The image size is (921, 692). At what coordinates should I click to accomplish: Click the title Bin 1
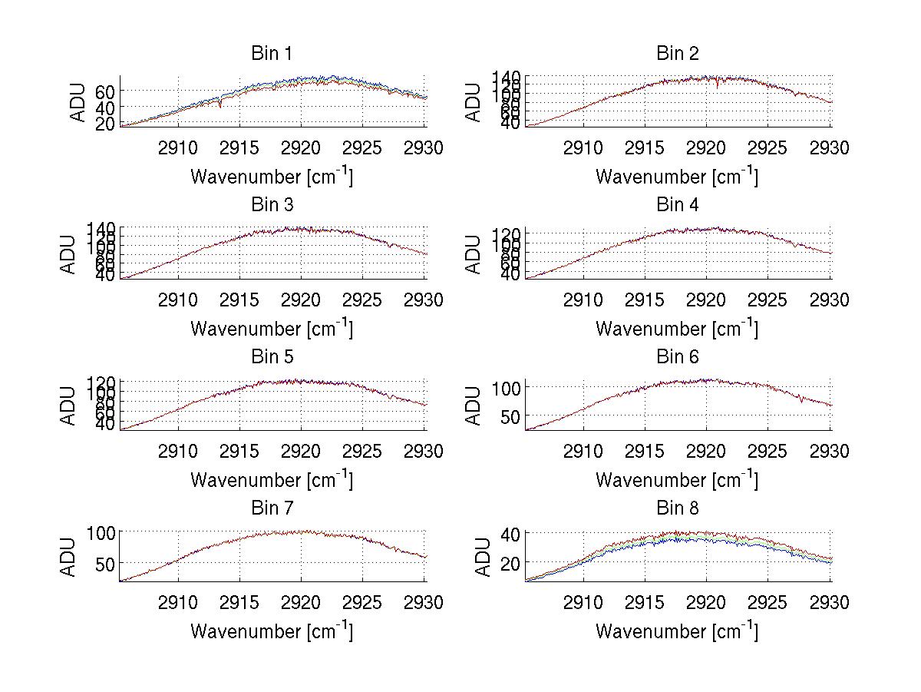272,54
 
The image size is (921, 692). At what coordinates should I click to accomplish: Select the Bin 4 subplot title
677,205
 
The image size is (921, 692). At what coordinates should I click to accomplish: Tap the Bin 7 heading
272,508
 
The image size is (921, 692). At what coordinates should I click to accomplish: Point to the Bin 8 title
677,508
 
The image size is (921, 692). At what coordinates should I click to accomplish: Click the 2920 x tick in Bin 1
302,147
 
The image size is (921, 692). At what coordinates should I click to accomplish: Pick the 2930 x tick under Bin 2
830,147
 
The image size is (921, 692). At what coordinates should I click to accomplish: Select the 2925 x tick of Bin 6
768,451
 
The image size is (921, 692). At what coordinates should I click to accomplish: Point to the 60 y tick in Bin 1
106,91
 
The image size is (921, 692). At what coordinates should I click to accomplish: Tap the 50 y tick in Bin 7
106,563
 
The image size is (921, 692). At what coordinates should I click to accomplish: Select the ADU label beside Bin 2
474,101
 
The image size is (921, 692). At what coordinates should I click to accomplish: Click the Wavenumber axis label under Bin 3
272,328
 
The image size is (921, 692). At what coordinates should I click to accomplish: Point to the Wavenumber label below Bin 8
677,631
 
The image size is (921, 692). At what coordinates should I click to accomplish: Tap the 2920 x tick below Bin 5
302,451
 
